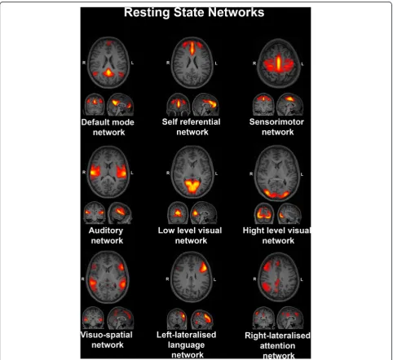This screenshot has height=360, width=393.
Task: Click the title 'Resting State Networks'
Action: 194,12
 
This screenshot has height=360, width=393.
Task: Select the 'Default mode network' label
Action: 108,127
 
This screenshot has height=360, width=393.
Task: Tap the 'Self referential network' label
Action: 192,127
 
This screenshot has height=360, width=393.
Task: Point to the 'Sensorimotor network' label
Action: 276,127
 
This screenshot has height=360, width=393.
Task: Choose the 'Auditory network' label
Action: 106,235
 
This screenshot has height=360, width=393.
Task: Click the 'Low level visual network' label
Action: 190,235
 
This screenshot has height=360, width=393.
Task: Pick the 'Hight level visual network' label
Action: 276,235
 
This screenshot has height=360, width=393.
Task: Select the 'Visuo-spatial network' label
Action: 107,340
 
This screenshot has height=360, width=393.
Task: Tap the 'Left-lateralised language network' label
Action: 187,345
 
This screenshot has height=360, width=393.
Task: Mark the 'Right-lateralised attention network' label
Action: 277,345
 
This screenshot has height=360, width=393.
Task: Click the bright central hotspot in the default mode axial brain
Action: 108,72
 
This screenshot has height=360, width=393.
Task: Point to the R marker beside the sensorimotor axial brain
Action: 254,64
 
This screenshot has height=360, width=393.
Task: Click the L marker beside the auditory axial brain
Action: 132,173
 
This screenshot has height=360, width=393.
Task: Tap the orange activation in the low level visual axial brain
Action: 192,186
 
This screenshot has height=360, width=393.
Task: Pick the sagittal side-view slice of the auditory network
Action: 120,213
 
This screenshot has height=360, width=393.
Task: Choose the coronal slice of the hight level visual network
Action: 264,213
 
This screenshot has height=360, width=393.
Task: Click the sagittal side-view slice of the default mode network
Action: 121,104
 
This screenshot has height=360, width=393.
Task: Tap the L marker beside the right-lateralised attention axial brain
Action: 302,279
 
